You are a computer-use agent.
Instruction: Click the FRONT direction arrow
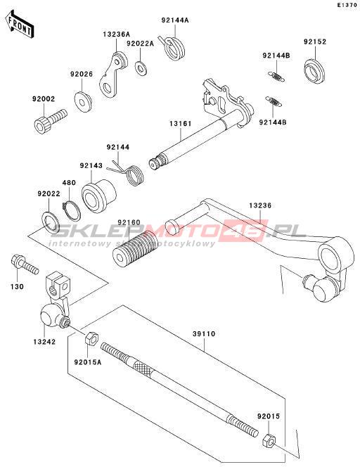tap(20, 24)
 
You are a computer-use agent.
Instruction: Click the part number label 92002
tap(44, 99)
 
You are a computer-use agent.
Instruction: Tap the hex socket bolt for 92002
tap(49, 121)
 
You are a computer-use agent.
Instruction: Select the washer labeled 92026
tap(83, 101)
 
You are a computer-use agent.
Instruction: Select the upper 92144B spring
tap(276, 76)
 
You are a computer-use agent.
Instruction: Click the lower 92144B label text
tap(273, 122)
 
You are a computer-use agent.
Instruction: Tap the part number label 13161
tap(181, 124)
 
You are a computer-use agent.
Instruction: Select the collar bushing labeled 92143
tap(98, 196)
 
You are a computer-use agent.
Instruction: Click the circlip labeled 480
tap(72, 211)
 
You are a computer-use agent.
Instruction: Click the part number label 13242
tap(44, 342)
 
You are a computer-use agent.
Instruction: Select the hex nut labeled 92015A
tap(91, 339)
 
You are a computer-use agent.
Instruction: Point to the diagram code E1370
tap(347, 5)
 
